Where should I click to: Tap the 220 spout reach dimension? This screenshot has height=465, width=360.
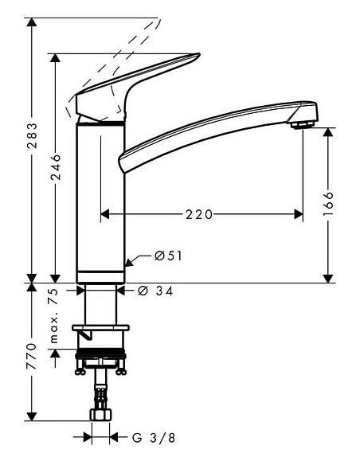(x=200, y=213)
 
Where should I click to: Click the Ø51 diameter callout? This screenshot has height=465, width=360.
(x=168, y=256)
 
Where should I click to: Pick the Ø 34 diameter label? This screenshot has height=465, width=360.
(x=157, y=291)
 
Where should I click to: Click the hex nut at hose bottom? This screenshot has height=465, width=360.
(x=100, y=416)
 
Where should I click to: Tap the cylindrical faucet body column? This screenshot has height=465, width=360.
(x=100, y=199)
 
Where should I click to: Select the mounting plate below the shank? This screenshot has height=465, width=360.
(x=100, y=327)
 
